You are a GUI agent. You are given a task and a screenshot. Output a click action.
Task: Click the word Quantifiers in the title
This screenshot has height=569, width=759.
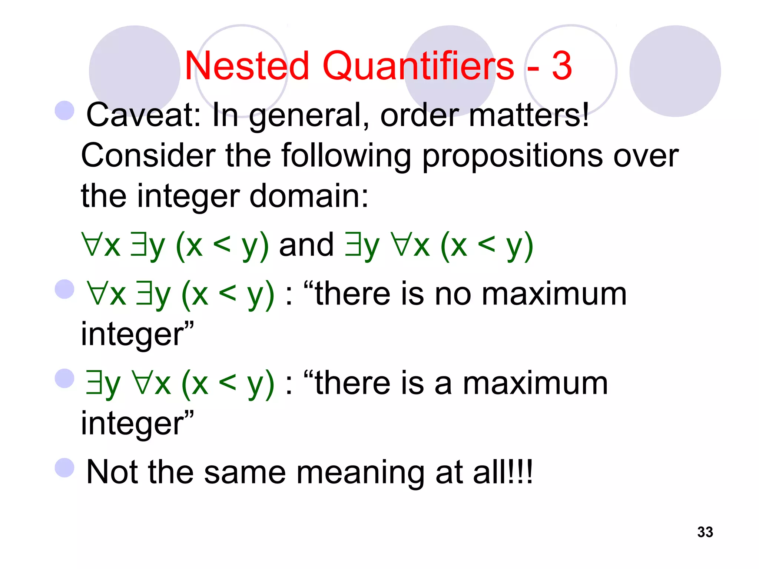click(418, 66)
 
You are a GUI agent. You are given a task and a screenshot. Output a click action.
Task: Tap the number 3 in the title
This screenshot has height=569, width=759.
click(562, 66)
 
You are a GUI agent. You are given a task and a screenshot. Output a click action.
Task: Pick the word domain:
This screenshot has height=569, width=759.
click(309, 196)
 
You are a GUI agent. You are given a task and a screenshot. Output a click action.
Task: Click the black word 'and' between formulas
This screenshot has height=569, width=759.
click(306, 245)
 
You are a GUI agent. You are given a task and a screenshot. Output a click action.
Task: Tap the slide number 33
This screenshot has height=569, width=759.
click(705, 532)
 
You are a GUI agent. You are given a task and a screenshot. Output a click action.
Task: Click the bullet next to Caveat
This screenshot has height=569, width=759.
click(64, 110)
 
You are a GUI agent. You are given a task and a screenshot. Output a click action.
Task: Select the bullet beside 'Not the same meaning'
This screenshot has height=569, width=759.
click(64, 468)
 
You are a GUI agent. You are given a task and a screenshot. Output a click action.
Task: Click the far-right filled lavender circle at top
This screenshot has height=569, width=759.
click(675, 71)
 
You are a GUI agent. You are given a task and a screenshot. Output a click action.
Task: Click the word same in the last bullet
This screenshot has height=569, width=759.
click(245, 473)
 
